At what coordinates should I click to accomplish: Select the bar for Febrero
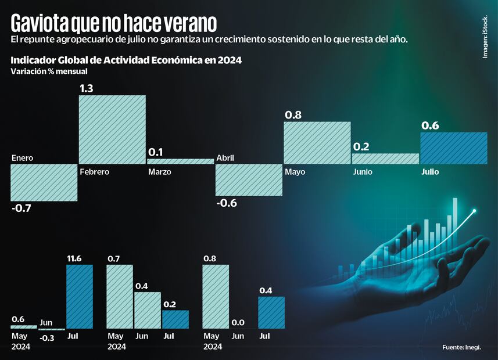tap(112, 129)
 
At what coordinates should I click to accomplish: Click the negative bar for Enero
tap(44, 182)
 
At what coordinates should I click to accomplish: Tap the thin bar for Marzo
tap(180, 161)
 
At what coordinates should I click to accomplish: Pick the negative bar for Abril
tap(249, 179)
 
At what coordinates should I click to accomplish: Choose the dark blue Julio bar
tap(453, 148)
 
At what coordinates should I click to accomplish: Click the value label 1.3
tap(87, 88)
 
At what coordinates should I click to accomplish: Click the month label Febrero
tap(95, 172)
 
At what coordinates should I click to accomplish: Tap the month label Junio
tap(363, 172)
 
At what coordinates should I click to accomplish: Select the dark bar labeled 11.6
tap(80, 296)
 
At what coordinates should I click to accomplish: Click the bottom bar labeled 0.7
tap(120, 296)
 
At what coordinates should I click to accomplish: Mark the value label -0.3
tap(47, 337)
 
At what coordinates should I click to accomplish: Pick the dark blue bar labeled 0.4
tap(271, 312)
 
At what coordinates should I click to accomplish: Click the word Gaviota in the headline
tap(38, 23)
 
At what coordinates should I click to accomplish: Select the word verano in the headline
tap(187, 23)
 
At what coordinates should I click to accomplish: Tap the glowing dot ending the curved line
tap(475, 211)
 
